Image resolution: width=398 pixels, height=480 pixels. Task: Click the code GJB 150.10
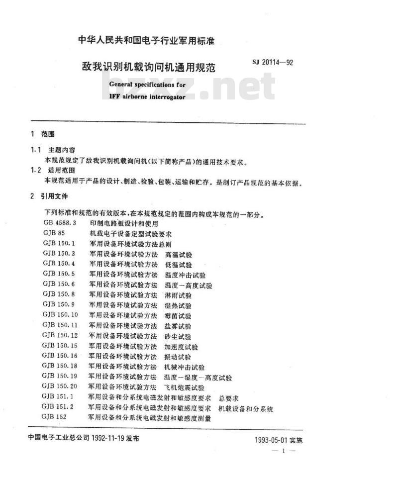click(x=60, y=315)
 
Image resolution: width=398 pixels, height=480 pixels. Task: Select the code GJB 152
click(x=54, y=418)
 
